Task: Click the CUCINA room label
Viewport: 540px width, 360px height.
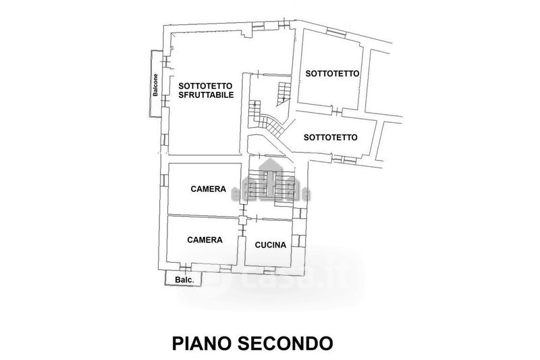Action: point(271,245)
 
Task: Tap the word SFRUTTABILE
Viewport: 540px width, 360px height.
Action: point(207,95)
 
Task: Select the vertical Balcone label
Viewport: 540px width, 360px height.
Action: point(156,85)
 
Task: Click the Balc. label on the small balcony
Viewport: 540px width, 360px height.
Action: point(184,280)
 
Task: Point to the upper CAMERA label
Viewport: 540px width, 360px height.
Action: point(209,189)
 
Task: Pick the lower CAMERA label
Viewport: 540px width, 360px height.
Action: point(205,240)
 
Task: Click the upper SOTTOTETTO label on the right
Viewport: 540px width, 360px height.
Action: point(332,74)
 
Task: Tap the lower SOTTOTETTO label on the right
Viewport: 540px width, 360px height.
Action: point(331,138)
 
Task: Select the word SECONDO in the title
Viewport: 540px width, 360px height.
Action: point(286,343)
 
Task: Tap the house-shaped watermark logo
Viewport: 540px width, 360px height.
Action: point(271,182)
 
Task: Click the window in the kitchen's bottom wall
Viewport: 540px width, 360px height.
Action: point(269,271)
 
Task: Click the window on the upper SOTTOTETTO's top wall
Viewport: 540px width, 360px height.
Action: point(335,32)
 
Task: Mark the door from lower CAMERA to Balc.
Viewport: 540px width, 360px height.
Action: point(185,267)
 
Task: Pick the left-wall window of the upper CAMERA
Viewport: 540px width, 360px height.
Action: point(164,180)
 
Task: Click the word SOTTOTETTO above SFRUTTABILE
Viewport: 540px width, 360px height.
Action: point(206,85)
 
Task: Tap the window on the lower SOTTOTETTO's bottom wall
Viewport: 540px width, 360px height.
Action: point(344,159)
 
